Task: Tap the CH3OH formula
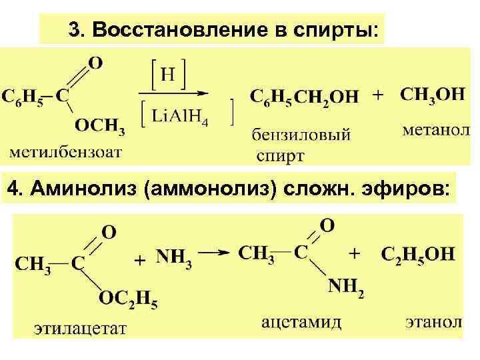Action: coord(433,94)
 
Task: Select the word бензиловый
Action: coord(301,135)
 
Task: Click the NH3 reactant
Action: coord(174,257)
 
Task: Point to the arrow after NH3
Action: coord(217,253)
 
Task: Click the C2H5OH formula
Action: coord(418,254)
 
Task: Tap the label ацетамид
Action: coord(301,323)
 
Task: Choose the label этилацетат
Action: coord(81,328)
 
